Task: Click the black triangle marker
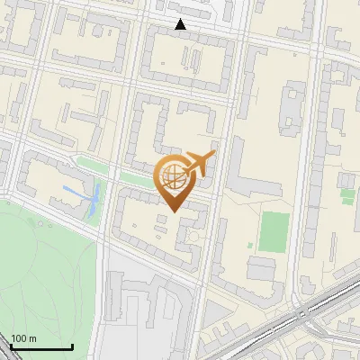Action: (x=181, y=24)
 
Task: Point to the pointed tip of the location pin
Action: (x=173, y=210)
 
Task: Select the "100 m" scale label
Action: (x=23, y=338)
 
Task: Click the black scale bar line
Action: (x=40, y=346)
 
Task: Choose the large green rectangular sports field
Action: (x=274, y=232)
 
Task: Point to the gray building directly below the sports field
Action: (x=263, y=267)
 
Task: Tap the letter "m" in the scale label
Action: (x=32, y=338)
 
